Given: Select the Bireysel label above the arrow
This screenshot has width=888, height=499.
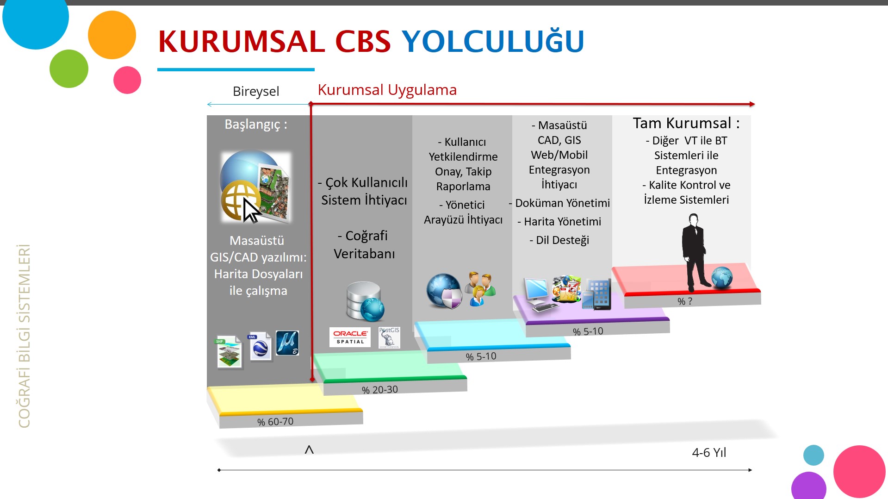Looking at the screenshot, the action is pyautogui.click(x=256, y=91).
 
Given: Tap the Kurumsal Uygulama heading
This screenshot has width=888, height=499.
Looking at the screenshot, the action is pyautogui.click(x=387, y=90).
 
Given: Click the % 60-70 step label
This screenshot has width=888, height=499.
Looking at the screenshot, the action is pyautogui.click(x=275, y=422).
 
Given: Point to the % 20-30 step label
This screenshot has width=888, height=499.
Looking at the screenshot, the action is pyautogui.click(x=380, y=390).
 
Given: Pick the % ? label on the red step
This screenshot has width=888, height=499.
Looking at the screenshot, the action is pyautogui.click(x=685, y=301).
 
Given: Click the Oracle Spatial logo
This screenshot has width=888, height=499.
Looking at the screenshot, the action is pyautogui.click(x=350, y=337).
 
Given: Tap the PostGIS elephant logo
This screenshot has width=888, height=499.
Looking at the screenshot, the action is pyautogui.click(x=389, y=337).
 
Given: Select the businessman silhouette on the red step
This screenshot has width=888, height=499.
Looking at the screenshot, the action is pyautogui.click(x=695, y=252).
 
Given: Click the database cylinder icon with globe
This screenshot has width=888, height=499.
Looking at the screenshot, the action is pyautogui.click(x=365, y=301).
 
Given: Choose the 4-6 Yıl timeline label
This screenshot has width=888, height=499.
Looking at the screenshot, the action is pyautogui.click(x=709, y=452).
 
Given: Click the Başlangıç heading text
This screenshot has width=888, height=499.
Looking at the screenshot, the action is pyautogui.click(x=256, y=125).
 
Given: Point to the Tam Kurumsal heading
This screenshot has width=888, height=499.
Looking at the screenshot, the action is pyautogui.click(x=686, y=123).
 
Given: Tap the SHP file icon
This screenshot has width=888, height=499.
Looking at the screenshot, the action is pyautogui.click(x=229, y=352).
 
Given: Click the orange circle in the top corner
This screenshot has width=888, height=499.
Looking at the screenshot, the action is pyautogui.click(x=112, y=35).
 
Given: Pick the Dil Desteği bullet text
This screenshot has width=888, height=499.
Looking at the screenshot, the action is pyautogui.click(x=559, y=240).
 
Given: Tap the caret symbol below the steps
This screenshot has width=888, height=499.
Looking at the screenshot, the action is pyautogui.click(x=309, y=449).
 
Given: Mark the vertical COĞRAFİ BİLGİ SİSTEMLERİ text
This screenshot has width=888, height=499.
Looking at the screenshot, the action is pyautogui.click(x=24, y=336).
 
